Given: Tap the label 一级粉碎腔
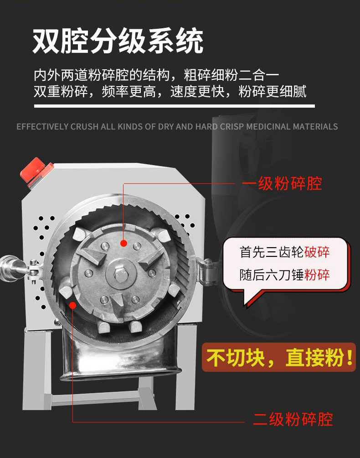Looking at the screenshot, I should point(282,184).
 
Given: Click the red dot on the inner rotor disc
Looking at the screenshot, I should point(123,243).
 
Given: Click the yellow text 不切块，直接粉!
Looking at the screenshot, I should point(279,357).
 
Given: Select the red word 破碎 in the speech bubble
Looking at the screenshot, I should point(317,252).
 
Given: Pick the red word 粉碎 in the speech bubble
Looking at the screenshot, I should point(317,275).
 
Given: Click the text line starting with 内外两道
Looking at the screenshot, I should point(156,75).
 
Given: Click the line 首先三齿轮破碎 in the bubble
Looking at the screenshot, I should point(285,252).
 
